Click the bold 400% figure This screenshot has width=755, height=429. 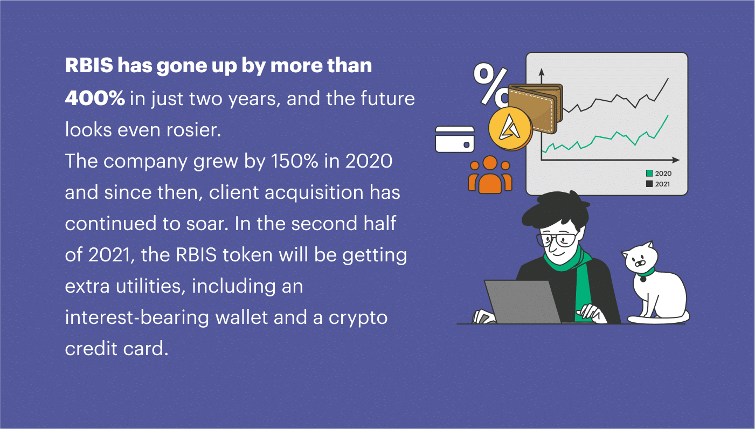[95, 98]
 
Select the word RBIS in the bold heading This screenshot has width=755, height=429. [89, 65]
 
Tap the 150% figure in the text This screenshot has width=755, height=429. [294, 161]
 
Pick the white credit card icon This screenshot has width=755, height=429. [455, 139]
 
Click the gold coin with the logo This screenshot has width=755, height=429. [510, 128]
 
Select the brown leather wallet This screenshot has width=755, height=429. [536, 108]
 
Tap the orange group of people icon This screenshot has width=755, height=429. [490, 175]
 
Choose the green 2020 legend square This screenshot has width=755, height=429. [649, 173]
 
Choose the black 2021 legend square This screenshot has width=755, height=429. [649, 184]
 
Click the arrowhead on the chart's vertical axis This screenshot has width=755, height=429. [542, 72]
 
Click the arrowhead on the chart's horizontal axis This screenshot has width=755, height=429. [675, 160]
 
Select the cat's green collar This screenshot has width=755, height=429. [645, 273]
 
